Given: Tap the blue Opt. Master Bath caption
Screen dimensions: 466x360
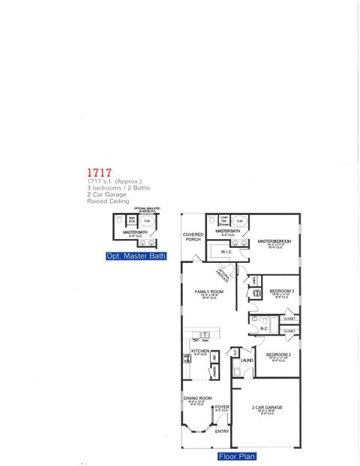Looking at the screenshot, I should [136, 256].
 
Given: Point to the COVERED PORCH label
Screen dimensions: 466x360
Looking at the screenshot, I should [193, 237].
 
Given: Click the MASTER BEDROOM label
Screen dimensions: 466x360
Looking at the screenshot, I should [274, 241].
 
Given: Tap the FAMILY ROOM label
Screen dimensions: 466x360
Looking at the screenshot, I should [209, 291].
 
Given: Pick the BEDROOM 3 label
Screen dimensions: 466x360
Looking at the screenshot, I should [281, 291].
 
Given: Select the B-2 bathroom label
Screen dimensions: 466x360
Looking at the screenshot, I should [264, 327].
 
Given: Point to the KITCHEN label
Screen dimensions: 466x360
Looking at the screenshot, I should [199, 351].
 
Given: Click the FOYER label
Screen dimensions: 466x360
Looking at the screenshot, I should [222, 407].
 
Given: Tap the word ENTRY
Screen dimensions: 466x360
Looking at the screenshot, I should [222, 431].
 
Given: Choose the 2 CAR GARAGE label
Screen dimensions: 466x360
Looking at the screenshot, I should [266, 408].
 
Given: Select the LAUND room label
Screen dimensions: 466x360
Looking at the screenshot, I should [247, 360].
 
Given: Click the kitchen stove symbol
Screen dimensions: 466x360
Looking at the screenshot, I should [187, 359].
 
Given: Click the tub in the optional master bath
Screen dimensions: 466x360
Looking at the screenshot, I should [147, 221].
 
